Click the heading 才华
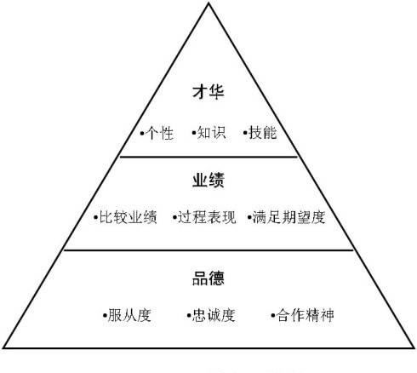208,92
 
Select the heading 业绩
208,180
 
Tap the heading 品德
208,278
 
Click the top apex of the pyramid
208,3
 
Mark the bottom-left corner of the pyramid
3,347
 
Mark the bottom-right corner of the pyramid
414,347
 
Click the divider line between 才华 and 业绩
208,157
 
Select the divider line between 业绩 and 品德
208,250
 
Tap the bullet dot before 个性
142,133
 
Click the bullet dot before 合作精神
273,315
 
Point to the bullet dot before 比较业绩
96,218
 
